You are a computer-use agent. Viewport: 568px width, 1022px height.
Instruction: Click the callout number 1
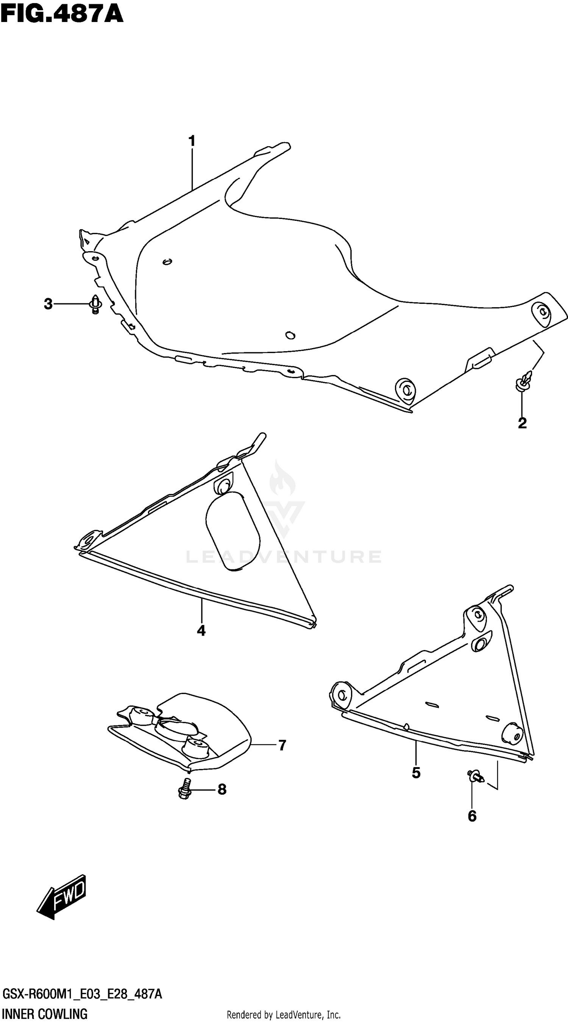[x=192, y=141]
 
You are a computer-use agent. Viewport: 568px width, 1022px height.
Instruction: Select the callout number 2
[x=522, y=423]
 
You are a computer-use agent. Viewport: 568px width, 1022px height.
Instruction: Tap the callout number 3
[x=48, y=304]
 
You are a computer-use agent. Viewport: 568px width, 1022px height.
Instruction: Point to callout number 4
[x=201, y=630]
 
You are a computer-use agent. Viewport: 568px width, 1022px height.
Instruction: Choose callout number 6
[x=472, y=816]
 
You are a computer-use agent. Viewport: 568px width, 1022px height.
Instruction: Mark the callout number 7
[x=282, y=745]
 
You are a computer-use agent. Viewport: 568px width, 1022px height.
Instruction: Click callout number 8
[x=222, y=789]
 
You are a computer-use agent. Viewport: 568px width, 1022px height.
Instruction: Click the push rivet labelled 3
[x=95, y=305]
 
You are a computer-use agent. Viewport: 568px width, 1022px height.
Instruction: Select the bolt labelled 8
[x=184, y=789]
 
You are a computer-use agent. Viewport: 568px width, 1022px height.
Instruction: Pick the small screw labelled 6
[x=475, y=776]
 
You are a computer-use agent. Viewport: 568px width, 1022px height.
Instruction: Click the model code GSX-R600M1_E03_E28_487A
[x=82, y=994]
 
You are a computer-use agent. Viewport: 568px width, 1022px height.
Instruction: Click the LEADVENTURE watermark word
[x=283, y=556]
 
